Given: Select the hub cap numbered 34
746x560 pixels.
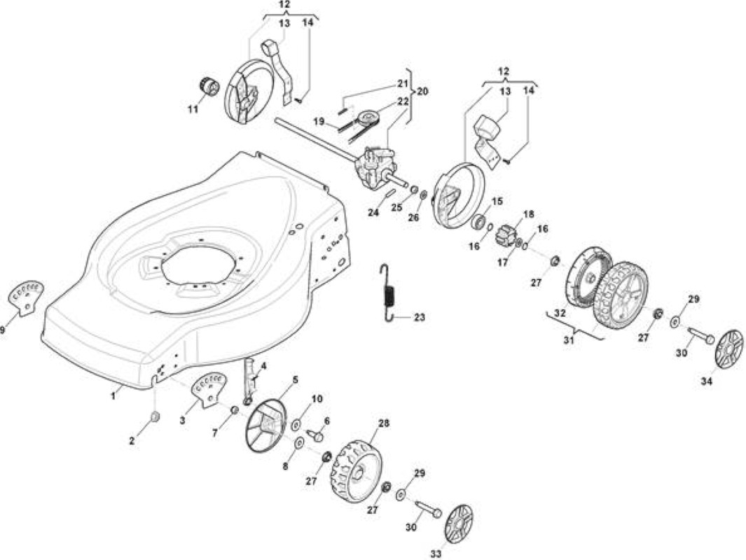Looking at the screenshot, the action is (x=728, y=349).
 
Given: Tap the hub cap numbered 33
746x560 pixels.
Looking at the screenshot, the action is (x=459, y=524).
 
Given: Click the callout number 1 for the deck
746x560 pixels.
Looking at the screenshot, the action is (x=113, y=395).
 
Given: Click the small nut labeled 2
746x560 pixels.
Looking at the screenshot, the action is (x=155, y=417).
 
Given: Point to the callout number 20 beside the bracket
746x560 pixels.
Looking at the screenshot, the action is (x=422, y=90).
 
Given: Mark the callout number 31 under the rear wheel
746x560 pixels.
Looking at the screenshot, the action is (x=569, y=340).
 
